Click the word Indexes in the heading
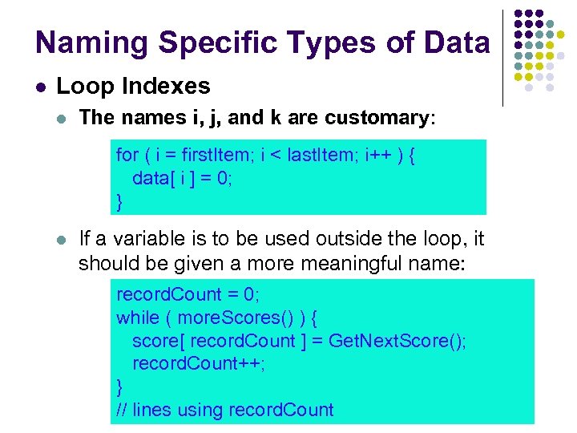click(174, 86)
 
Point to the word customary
click(377, 118)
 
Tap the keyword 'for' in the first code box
click(127, 154)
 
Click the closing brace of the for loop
click(120, 201)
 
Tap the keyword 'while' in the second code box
click(138, 318)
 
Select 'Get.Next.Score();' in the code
click(397, 341)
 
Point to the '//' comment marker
click(123, 410)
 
